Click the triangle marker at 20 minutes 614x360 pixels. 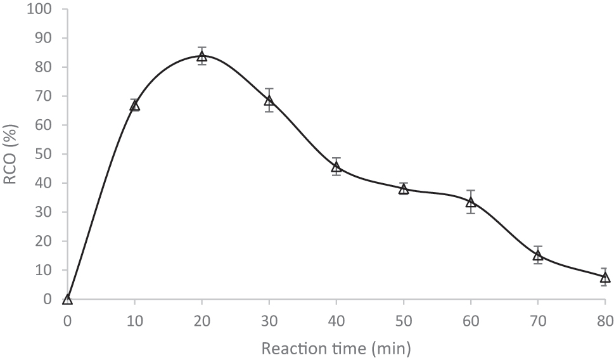(x=202, y=56)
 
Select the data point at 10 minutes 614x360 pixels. (x=135, y=105)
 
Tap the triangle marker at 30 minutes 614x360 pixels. (x=269, y=100)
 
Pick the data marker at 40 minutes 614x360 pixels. (x=336, y=167)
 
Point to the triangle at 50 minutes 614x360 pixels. (x=404, y=189)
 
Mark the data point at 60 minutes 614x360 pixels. (x=471, y=202)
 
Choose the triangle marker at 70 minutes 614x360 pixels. (x=538, y=255)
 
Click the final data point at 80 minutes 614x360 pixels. (x=604, y=278)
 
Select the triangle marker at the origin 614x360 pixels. (x=68, y=299)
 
